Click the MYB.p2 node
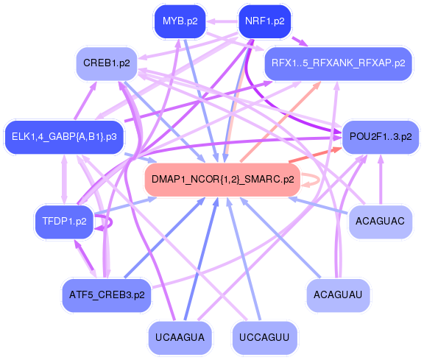pyautogui.click(x=180, y=21)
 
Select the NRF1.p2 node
pyautogui.click(x=264, y=21)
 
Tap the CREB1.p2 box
pyautogui.click(x=107, y=63)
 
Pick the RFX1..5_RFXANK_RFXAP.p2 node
pyautogui.click(x=338, y=63)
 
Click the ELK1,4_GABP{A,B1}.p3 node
pyautogui.click(x=65, y=136)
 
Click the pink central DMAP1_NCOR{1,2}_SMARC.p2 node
pyautogui.click(x=222, y=179)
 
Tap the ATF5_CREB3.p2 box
pyautogui.click(x=107, y=294)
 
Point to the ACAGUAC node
pyautogui.click(x=380, y=221)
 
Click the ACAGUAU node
pyautogui.click(x=338, y=294)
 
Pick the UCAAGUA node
pyautogui.click(x=180, y=338)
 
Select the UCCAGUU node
pyautogui.click(x=264, y=338)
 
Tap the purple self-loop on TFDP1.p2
pyautogui.click(x=107, y=219)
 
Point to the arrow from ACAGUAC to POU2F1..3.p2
pyautogui.click(x=381, y=177)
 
